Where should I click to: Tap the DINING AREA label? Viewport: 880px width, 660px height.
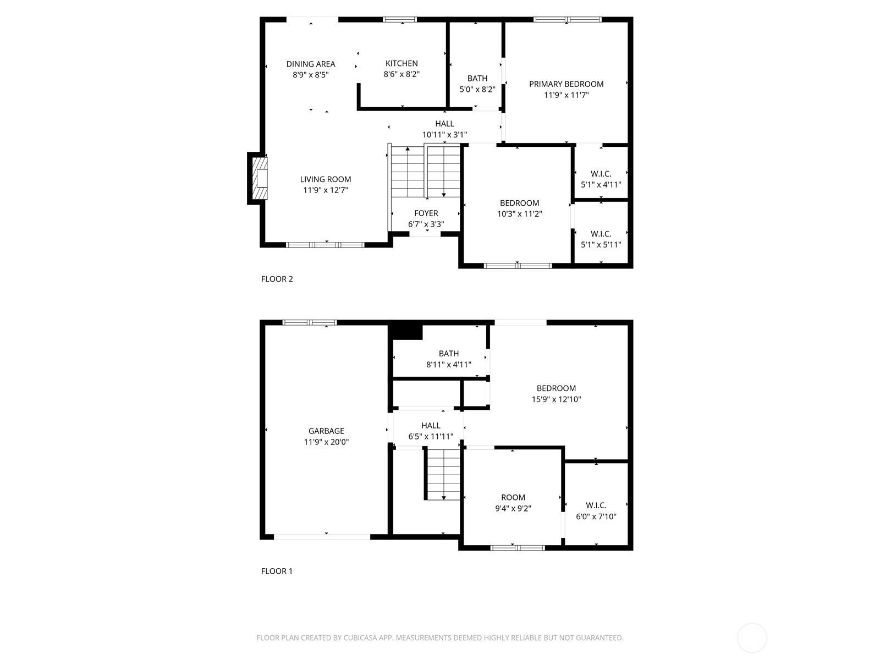[310, 64]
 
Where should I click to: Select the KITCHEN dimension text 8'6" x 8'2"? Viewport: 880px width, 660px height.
[402, 74]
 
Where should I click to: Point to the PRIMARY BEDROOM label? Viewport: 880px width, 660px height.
[566, 84]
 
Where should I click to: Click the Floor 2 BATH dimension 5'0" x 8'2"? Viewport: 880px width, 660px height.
[477, 89]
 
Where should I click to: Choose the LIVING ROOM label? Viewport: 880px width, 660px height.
[325, 179]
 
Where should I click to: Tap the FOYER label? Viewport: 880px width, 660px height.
[426, 213]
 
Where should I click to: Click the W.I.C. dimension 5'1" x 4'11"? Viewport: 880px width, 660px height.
[601, 185]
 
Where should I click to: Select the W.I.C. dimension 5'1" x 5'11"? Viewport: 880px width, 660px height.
[601, 244]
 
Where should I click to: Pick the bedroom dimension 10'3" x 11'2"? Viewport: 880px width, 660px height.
[519, 214]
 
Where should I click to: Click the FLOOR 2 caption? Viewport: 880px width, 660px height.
[277, 279]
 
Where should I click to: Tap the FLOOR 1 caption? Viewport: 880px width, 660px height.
[277, 571]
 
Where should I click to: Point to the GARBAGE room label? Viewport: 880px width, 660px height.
[326, 431]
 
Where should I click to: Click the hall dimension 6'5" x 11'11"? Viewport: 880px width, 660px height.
[431, 436]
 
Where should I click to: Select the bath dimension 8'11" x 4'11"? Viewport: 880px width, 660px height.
[448, 365]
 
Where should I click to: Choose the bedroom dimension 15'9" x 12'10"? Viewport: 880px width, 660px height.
[556, 399]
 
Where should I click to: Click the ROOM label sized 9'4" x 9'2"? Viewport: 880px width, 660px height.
[513, 497]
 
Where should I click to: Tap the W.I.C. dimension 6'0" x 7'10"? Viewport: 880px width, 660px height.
[596, 516]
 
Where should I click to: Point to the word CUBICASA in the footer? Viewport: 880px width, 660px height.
[360, 637]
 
